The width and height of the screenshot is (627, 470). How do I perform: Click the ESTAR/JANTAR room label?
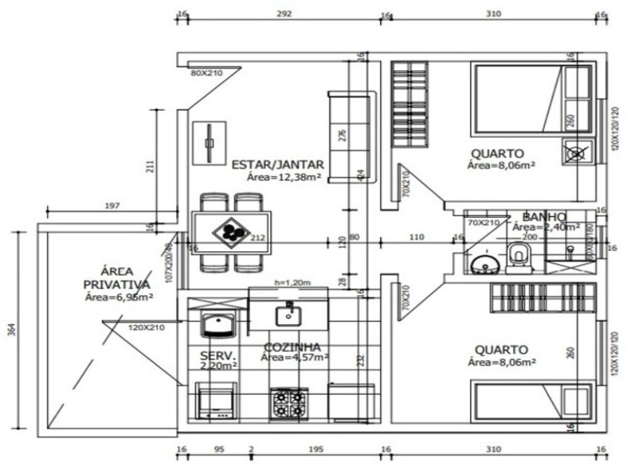click(278, 165)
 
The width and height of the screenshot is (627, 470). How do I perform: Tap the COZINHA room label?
click(292, 347)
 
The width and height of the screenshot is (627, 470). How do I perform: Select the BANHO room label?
click(544, 216)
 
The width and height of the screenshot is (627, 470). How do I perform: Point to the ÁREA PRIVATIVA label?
click(117, 278)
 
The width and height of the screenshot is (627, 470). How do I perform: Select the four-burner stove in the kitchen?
click(289, 403)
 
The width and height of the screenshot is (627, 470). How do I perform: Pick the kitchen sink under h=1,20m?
click(288, 313)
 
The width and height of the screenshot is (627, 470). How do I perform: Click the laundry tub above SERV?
click(217, 324)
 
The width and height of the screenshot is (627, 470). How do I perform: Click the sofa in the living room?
click(351, 137)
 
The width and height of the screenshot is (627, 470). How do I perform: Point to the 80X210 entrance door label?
click(207, 73)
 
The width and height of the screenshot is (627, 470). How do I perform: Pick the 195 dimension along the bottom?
click(316, 449)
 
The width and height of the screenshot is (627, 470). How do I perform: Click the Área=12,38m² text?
click(285, 177)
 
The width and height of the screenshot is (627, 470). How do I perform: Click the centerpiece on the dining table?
click(231, 232)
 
